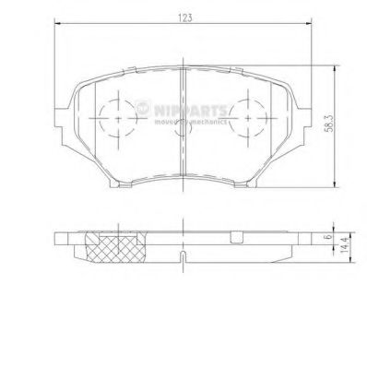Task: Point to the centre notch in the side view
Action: pyautogui.click(x=183, y=253)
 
